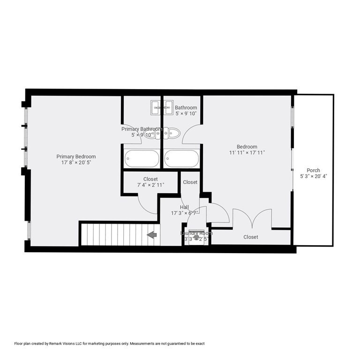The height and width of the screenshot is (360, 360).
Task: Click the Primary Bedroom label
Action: click(76, 157)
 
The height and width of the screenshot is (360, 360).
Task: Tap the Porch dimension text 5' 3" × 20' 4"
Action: click(314, 177)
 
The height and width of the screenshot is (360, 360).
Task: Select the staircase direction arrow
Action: click(152, 234)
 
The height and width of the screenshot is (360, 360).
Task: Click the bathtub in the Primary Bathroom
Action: click(142, 159)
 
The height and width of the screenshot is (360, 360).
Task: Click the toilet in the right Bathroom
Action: click(172, 133)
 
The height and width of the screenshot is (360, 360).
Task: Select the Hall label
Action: click(184, 207)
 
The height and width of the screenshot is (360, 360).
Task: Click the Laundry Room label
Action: click(196, 233)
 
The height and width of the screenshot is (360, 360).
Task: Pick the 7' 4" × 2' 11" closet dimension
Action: click(150, 185)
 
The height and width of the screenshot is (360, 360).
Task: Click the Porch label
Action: click(314, 170)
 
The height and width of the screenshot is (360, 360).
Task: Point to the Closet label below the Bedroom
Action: click(251, 237)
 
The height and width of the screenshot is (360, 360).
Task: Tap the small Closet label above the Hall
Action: click(190, 182)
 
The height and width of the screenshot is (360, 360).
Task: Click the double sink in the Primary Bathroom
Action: click(156, 107)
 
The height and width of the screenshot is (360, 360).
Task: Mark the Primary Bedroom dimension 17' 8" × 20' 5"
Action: click(76, 163)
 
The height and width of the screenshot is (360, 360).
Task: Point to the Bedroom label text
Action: click(247, 147)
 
